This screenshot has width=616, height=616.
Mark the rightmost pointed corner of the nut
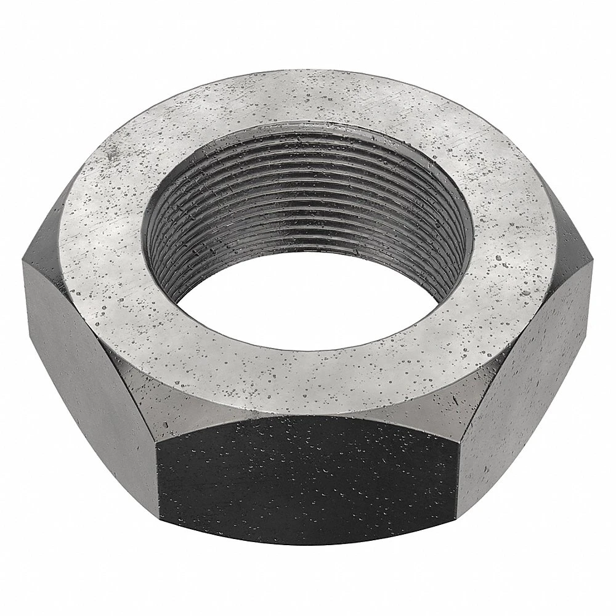[x=593, y=265]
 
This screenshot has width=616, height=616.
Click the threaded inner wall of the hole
[x=296, y=185]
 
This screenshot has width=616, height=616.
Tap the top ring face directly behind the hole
[x=308, y=99]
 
